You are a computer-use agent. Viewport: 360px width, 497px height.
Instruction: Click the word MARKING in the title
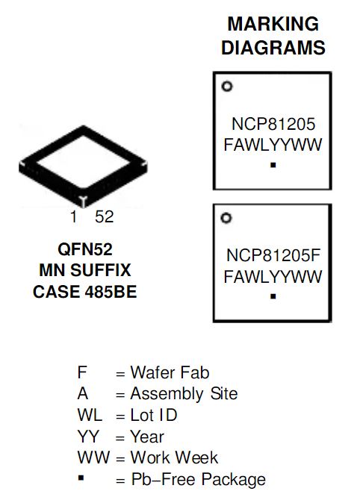(273, 24)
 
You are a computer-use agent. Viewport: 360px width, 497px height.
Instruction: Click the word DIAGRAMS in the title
(273, 48)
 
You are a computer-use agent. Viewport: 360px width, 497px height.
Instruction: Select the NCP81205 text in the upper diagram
(273, 124)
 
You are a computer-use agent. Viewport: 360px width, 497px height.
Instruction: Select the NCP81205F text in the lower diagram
(273, 255)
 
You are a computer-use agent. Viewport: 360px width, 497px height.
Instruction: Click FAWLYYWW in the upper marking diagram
(273, 145)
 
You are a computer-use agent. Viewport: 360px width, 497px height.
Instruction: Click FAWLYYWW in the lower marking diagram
(273, 277)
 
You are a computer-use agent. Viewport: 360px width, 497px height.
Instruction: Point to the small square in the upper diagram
(273, 165)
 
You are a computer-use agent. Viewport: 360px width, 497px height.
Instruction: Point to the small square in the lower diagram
(273, 296)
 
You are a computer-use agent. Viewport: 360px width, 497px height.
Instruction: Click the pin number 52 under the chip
(105, 217)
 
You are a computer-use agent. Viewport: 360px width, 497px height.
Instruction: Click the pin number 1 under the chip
(74, 217)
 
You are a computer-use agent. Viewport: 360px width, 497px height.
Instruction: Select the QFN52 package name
(85, 249)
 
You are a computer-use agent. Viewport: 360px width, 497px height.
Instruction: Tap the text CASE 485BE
(84, 292)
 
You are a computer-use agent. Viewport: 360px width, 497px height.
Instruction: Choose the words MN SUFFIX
(84, 270)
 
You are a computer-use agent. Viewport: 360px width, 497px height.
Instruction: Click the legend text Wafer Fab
(170, 372)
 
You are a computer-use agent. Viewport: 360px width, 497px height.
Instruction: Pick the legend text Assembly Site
(184, 394)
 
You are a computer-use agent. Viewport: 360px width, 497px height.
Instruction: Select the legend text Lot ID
(154, 415)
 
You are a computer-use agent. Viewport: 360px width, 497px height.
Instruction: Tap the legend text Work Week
(174, 457)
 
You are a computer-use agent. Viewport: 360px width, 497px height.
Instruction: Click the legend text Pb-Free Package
(199, 479)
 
